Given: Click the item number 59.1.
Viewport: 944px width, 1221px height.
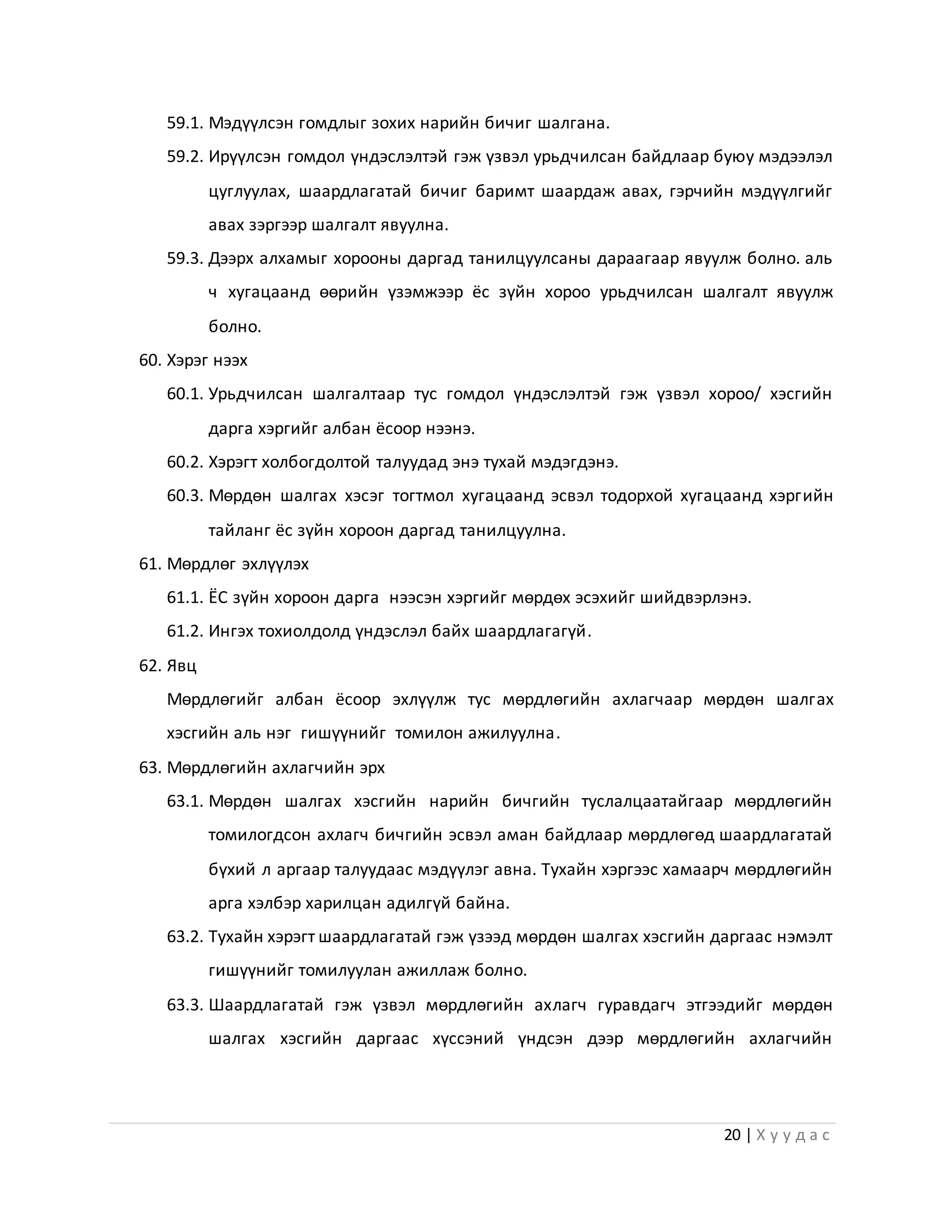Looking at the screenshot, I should [x=184, y=123].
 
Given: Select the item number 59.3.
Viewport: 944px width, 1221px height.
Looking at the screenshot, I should [x=184, y=259].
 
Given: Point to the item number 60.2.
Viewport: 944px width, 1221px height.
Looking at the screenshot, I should [x=184, y=462].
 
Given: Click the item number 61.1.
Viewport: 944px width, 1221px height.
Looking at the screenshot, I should [x=184, y=598].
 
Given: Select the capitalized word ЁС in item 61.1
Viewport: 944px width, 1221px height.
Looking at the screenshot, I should [x=218, y=598].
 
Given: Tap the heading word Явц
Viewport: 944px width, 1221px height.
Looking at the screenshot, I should [x=181, y=666].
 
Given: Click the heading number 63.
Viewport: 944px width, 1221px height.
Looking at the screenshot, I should [x=150, y=768].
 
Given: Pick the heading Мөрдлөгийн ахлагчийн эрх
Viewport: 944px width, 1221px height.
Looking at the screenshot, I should [x=276, y=768].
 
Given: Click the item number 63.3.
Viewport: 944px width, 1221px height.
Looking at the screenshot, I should [x=184, y=1004].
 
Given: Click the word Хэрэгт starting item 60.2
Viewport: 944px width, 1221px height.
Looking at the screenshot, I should [x=233, y=462].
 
